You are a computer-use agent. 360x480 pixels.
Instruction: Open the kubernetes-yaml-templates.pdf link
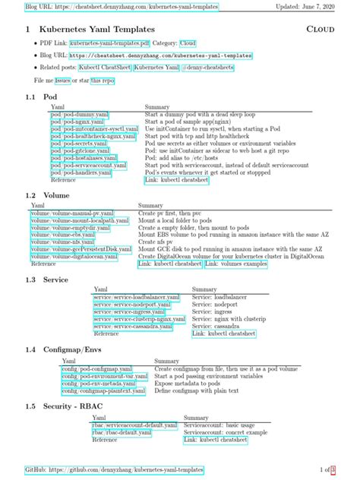[107, 44]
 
